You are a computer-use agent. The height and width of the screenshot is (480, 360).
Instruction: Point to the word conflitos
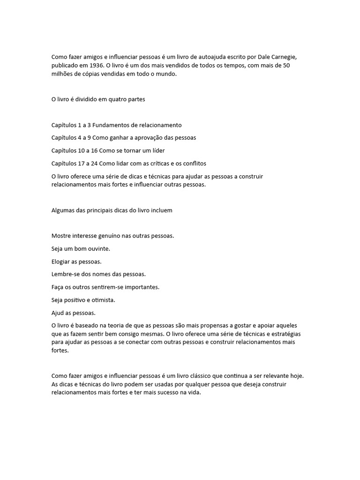pos(194,164)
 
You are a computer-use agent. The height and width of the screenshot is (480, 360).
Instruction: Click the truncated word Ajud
pos(59,313)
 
